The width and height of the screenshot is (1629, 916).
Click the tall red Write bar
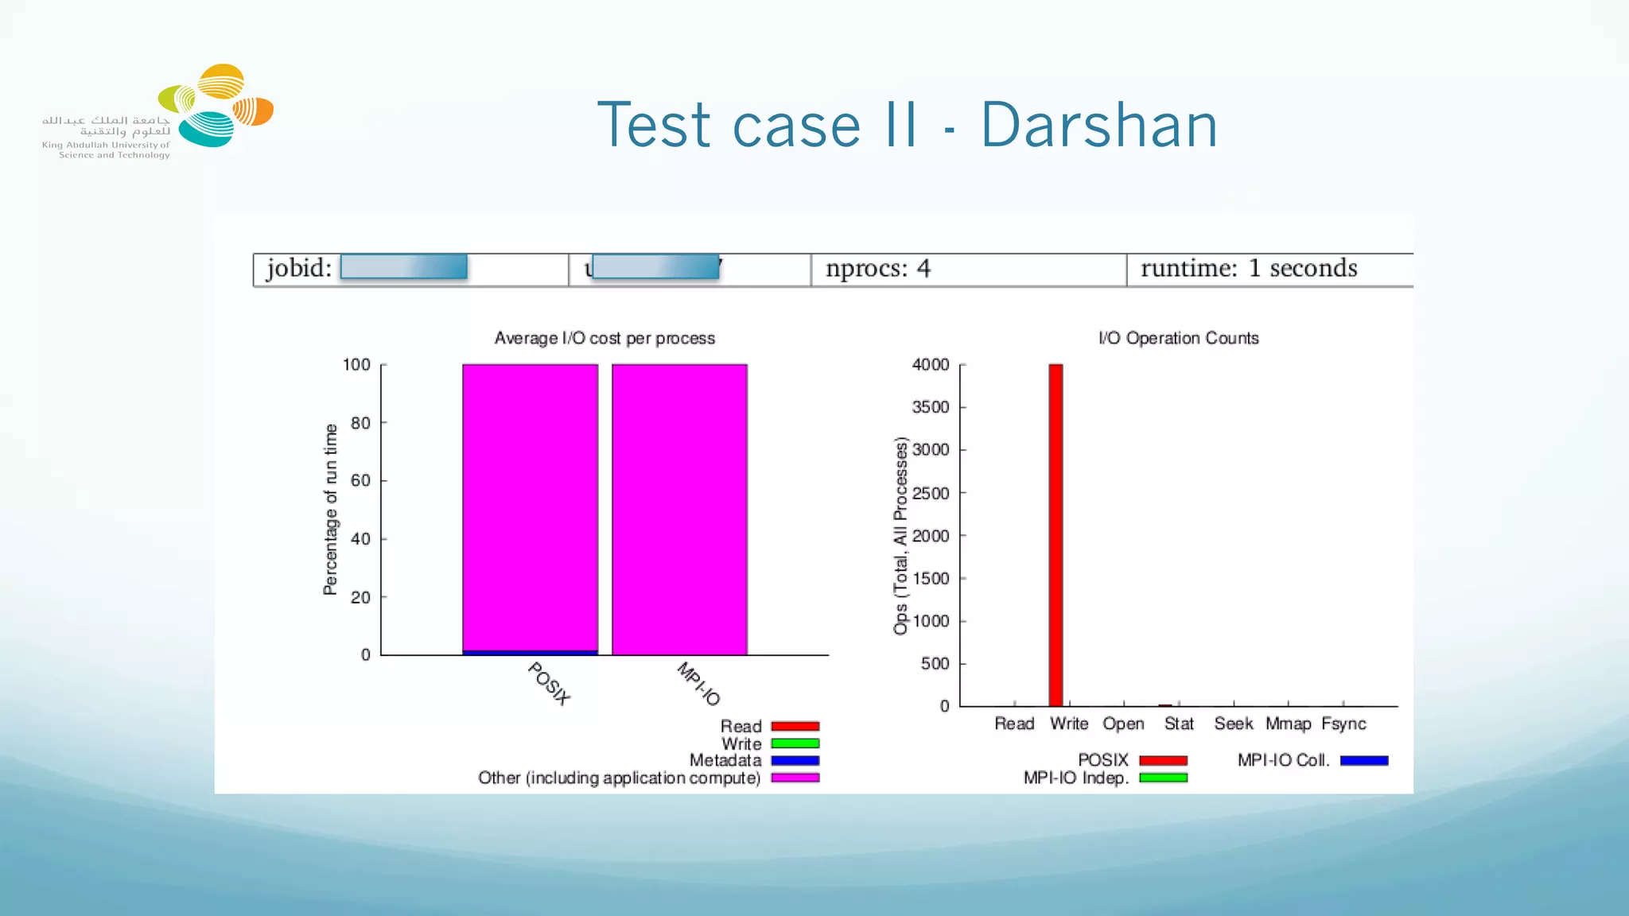1056,534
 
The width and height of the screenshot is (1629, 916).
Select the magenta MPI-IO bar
679,509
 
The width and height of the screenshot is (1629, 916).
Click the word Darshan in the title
1098,126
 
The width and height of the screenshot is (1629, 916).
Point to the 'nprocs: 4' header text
877,269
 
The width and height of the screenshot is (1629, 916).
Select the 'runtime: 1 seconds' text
1249,269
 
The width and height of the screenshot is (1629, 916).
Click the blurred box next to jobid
403,267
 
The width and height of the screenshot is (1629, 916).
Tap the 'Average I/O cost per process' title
605,338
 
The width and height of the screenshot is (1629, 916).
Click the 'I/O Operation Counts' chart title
1178,338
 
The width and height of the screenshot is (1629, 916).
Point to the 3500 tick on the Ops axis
931,407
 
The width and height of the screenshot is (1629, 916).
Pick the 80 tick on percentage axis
360,423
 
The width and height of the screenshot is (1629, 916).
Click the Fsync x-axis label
1343,724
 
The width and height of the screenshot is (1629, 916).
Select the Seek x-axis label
1233,724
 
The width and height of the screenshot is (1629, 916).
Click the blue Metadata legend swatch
795,761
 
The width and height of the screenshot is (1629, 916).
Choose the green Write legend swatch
795,743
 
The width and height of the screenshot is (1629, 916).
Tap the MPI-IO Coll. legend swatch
1363,761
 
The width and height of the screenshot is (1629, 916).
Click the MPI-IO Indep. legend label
1075,778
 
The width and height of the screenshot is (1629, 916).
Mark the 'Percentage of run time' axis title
331,509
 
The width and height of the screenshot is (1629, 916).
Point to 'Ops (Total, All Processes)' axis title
900,536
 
